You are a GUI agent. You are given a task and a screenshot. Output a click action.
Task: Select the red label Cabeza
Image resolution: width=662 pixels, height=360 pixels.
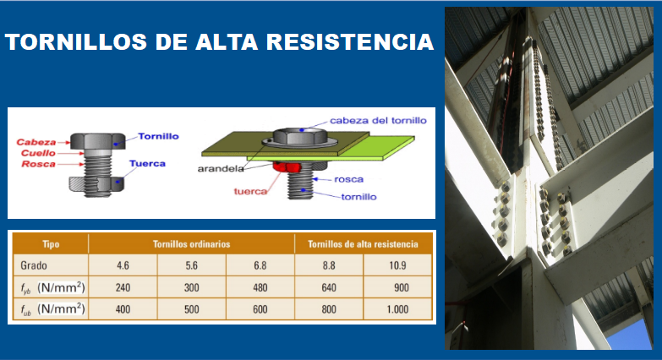(36, 142)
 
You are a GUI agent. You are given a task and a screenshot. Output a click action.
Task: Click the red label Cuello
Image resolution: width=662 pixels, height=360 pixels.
(36, 153)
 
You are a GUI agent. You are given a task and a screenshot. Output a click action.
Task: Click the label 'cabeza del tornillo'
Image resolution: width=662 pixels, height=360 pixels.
(378, 120)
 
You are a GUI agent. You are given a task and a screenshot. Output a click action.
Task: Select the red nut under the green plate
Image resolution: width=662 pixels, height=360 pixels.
(293, 175)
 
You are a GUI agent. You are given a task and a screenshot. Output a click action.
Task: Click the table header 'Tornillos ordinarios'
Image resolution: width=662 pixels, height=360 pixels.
(191, 244)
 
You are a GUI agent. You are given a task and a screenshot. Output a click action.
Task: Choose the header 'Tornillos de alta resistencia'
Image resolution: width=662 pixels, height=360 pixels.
(364, 244)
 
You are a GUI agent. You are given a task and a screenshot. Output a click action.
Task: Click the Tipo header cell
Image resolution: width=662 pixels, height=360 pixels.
(51, 244)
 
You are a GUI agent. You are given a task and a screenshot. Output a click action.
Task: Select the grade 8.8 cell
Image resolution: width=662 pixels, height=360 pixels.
(329, 265)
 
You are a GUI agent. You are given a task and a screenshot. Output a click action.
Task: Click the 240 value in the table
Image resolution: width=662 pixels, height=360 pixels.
(123, 287)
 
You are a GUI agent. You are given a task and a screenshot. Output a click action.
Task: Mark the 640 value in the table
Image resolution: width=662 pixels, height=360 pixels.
(329, 287)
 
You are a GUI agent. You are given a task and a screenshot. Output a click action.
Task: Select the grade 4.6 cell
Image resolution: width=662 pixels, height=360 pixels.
(123, 265)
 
